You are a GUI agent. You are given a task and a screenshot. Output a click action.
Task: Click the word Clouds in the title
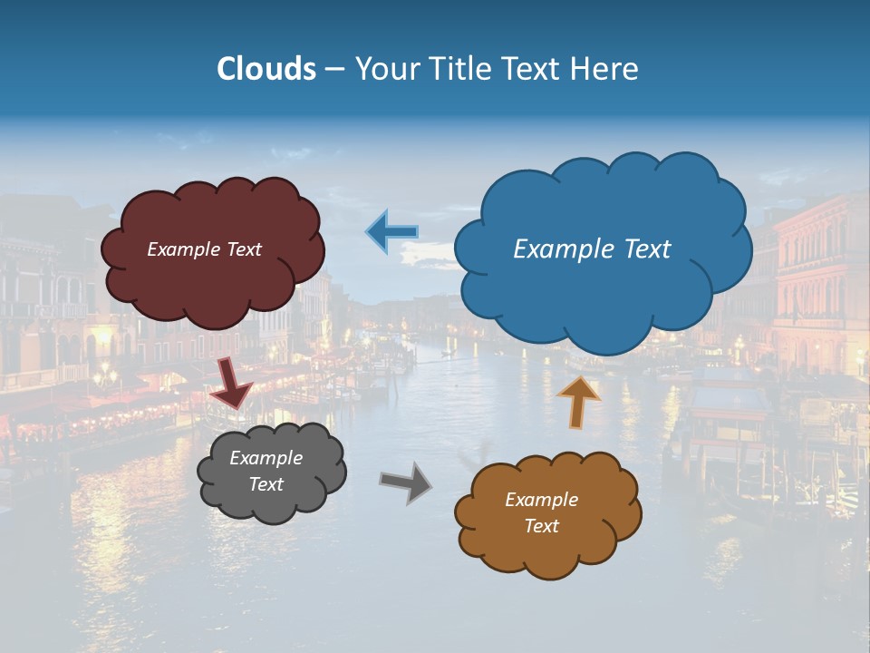[x=266, y=69]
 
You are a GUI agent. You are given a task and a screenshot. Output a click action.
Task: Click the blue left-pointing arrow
[x=392, y=232]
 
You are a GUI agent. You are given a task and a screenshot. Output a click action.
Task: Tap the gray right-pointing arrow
[x=406, y=482]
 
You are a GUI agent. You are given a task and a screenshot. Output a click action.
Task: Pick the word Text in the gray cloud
[x=266, y=484]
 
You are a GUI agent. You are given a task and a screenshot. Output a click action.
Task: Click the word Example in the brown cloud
[x=541, y=500]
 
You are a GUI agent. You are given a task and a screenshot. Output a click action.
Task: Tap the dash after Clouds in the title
[x=333, y=70]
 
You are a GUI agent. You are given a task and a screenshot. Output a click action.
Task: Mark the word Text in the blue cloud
[x=647, y=249]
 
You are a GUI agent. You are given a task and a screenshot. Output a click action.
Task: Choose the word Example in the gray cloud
[x=266, y=458]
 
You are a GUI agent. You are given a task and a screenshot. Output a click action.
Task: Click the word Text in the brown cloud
[x=541, y=526]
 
